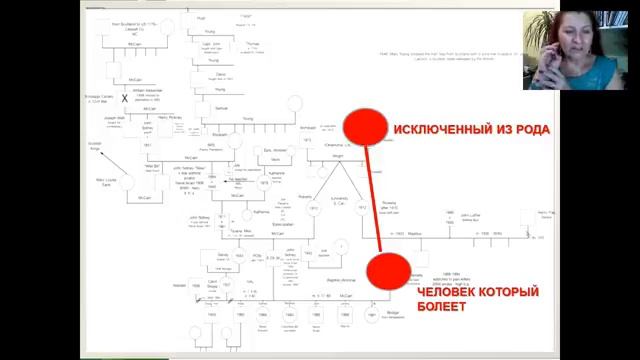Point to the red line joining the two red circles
click(x=375, y=200)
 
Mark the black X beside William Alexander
click(x=125, y=98)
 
